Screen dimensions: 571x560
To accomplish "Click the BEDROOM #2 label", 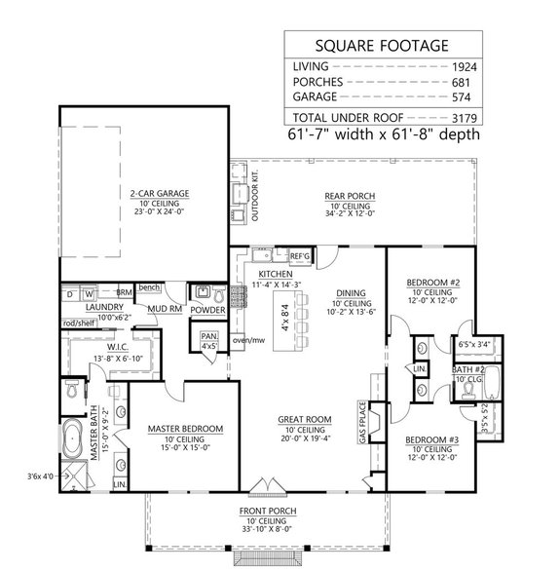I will (430, 283).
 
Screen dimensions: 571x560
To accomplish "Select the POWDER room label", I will (208, 311).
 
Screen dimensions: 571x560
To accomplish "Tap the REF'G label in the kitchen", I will (299, 255).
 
